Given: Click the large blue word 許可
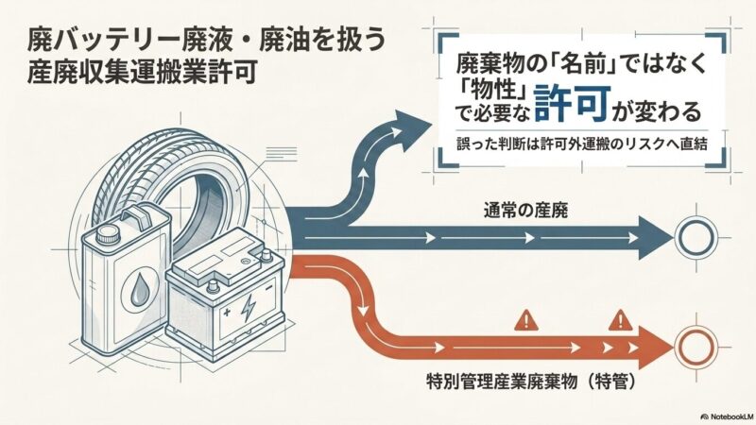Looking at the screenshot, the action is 572,104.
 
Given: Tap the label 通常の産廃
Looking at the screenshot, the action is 525,210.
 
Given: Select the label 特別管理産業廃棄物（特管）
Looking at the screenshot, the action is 531,382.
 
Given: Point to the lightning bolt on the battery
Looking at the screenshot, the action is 248,308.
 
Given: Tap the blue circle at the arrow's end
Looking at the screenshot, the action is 695,237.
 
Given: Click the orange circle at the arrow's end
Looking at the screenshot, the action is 695,348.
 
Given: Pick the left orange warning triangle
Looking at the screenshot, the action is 526,320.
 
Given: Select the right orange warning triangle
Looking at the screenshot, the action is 620,320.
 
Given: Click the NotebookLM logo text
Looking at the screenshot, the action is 728,416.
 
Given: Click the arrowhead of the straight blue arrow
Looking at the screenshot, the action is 655,238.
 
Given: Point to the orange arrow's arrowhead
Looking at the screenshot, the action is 655,348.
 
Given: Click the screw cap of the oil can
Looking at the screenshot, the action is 107,234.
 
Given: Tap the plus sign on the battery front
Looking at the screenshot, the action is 227,313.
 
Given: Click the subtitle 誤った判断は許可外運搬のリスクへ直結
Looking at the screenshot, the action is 583,144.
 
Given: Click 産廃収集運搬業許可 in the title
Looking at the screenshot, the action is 141,74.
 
